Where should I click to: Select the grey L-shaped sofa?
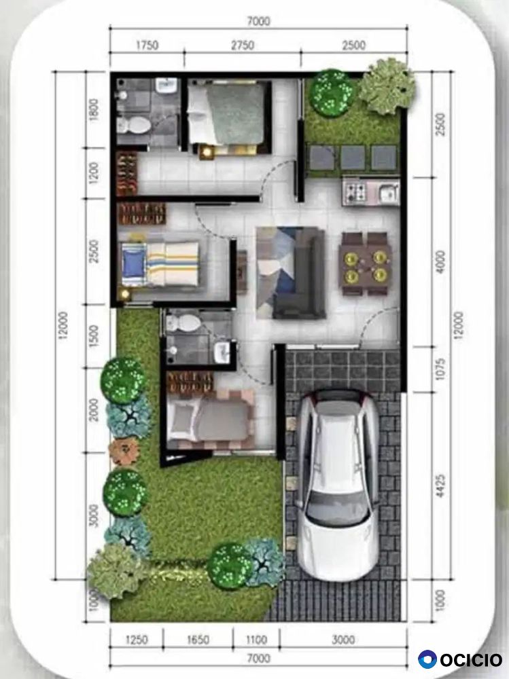coord(299,273)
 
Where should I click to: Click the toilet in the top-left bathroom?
coord(135,125)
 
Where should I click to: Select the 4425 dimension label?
coord(440,485)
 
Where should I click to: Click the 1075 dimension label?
coord(440,369)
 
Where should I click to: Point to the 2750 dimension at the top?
coord(243,45)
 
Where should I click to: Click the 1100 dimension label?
coord(256,639)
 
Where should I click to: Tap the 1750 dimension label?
coord(147,45)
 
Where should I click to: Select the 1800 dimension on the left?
coord(93,110)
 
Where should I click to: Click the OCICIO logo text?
coord(471,660)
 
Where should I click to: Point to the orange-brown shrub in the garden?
coord(124,452)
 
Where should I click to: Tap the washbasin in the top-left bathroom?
coord(166,85)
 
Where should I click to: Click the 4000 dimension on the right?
coord(440,261)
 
